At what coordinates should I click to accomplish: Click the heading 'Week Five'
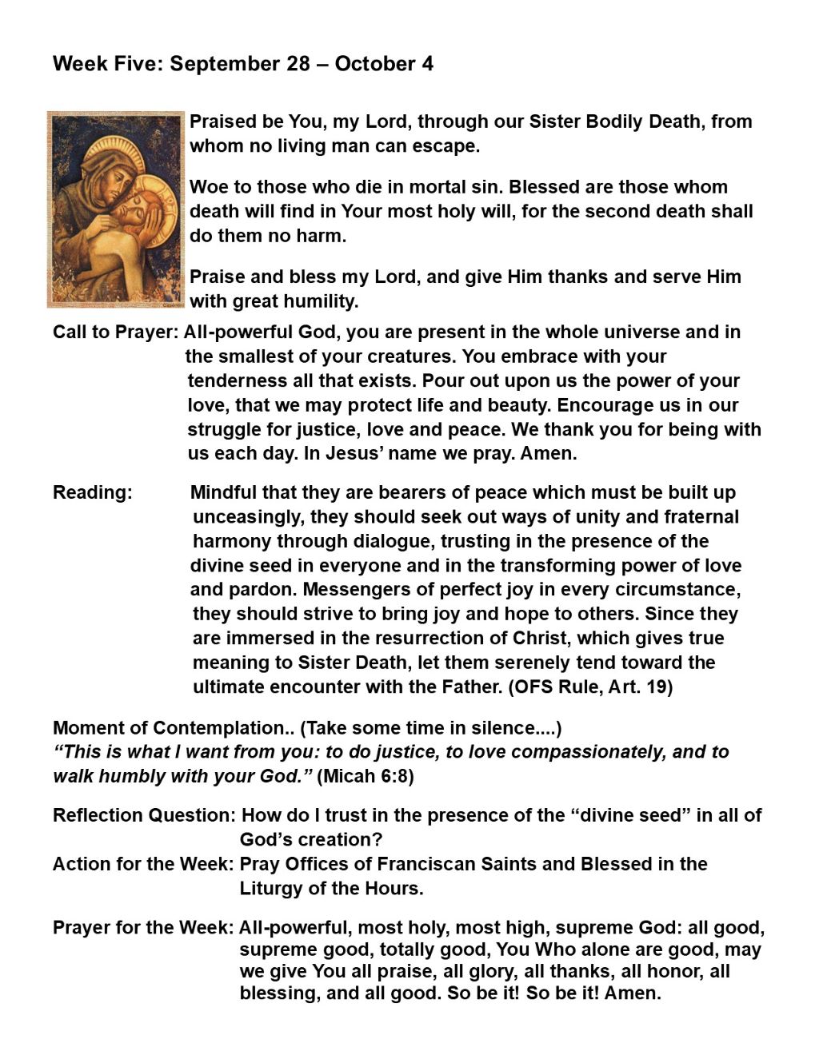coord(107,64)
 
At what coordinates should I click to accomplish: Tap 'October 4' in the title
coord(384,64)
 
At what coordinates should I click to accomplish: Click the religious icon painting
coord(116,209)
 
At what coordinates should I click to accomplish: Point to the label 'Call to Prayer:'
coord(116,332)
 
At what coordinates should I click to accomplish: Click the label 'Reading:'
coord(92,492)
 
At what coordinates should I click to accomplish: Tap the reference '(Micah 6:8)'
coord(366,776)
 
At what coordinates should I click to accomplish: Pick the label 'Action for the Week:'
coord(143,864)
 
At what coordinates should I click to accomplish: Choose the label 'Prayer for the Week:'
coord(143,928)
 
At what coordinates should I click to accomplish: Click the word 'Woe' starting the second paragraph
coord(209,188)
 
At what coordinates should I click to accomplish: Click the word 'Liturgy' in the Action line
coord(269,888)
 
